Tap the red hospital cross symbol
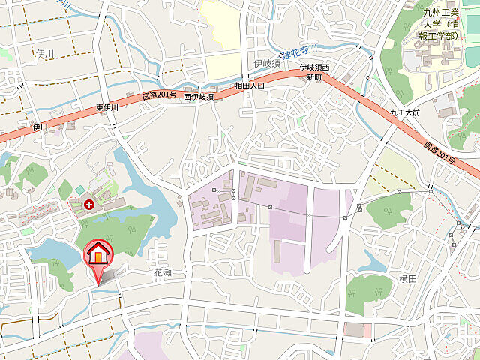(x=90, y=203)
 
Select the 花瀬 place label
(x=163, y=272)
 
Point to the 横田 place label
(x=407, y=279)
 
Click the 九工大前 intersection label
(x=405, y=113)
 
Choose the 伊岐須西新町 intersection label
(x=315, y=73)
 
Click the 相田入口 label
(x=250, y=86)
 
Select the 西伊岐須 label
(x=199, y=97)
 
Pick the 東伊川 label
(x=109, y=108)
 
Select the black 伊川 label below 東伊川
(x=40, y=128)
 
